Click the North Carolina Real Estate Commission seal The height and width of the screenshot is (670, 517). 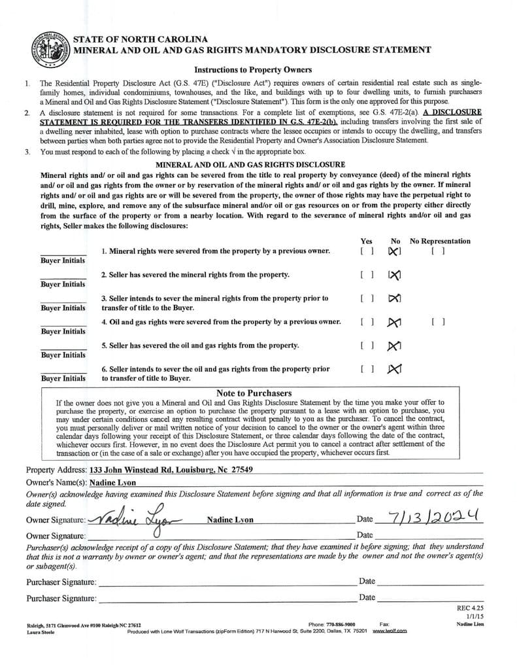pos(50,49)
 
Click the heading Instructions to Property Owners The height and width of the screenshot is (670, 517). pos(252,70)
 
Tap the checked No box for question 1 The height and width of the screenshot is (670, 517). pos(394,251)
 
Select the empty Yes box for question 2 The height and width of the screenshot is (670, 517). pos(367,275)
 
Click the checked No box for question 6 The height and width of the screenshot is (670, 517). pos(394,369)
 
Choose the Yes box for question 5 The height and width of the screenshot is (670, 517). pos(367,345)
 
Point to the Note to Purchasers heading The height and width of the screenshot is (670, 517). pos(254,393)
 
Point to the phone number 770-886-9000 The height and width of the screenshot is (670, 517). pos(341,625)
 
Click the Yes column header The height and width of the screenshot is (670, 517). pos(367,241)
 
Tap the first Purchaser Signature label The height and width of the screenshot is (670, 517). pos(61,582)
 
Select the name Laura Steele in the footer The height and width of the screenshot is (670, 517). pos(41,632)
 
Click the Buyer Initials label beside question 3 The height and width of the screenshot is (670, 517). pos(63,308)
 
